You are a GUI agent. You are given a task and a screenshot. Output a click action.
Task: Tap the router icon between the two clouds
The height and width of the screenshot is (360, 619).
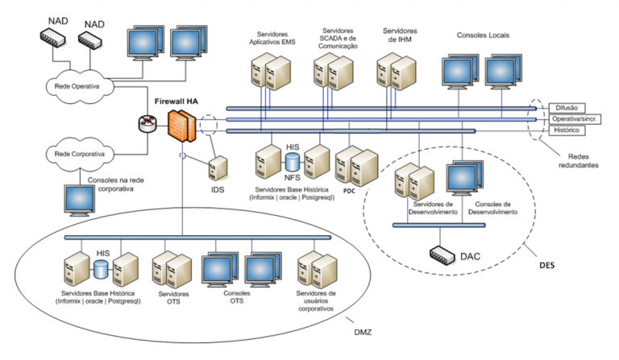point(147,123)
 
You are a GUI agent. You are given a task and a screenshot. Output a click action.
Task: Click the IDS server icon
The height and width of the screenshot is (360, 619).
point(216,169)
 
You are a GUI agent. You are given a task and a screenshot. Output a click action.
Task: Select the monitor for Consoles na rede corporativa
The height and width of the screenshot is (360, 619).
point(79,199)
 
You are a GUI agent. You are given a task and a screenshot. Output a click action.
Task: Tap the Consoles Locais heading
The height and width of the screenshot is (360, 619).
point(483,35)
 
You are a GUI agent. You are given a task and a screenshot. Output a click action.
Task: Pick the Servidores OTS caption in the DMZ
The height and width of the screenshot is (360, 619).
point(168,297)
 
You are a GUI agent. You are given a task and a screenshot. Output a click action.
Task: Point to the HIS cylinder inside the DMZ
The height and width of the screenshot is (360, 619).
point(102,268)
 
